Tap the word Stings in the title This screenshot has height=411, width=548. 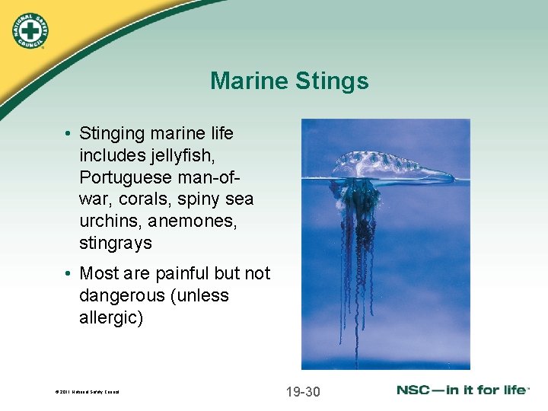pos(332,81)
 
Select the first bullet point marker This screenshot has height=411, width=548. pos(68,134)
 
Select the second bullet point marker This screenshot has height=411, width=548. pos(68,273)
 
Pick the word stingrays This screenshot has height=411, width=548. pos(116,244)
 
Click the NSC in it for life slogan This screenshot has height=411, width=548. pos(462,390)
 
